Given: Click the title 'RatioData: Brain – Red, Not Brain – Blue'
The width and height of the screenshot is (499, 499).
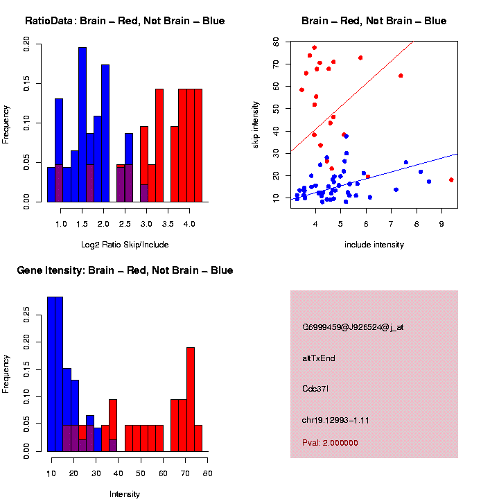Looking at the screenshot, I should pyautogui.click(x=125, y=21).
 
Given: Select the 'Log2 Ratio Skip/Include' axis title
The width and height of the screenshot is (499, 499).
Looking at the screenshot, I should pyautogui.click(x=125, y=245).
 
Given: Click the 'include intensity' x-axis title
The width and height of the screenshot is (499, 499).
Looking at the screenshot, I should pyautogui.click(x=374, y=245).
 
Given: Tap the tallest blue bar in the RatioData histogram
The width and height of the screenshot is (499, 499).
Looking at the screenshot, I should pyautogui.click(x=82, y=125).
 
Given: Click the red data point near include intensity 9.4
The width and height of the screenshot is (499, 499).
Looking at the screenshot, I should pyautogui.click(x=451, y=180).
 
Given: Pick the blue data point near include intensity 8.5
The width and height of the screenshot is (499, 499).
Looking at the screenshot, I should pyautogui.click(x=429, y=182).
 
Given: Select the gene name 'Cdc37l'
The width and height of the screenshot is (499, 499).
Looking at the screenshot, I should pyautogui.click(x=315, y=388).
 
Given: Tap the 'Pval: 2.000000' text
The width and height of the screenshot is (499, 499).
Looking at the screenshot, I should pyautogui.click(x=330, y=442).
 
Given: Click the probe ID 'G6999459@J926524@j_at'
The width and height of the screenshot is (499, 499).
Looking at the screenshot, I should pyautogui.click(x=353, y=327).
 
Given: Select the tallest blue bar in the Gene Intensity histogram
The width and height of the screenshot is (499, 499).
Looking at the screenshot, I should pyautogui.click(x=55, y=374).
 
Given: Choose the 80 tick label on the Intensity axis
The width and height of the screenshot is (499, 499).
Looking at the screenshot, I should pyautogui.click(x=207, y=473).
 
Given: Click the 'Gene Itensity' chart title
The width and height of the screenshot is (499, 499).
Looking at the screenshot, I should pyautogui.click(x=125, y=270).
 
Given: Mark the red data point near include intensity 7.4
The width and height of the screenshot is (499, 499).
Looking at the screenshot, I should pyautogui.click(x=401, y=76).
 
